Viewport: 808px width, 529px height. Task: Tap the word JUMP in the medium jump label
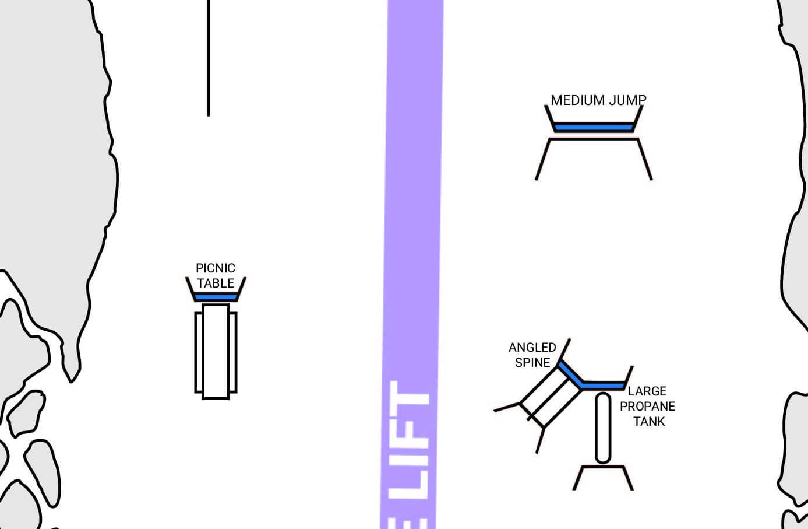coord(627,100)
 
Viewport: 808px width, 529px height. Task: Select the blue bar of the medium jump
coord(594,127)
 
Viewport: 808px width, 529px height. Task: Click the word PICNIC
coord(216,268)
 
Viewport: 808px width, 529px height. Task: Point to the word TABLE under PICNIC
coord(216,283)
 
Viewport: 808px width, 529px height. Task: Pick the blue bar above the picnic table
coord(216,297)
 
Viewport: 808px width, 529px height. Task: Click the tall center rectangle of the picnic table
coord(216,352)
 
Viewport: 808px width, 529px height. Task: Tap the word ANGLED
coord(532,348)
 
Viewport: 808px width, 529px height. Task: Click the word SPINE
coord(532,363)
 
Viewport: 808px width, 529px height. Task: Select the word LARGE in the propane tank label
coord(647,391)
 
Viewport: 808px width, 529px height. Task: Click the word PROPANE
coord(647,407)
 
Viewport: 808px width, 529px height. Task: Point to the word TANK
coord(649,422)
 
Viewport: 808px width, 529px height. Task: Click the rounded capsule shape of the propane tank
coord(603,428)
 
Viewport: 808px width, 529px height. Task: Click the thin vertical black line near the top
coord(209,58)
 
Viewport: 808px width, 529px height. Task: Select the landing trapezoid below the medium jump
coord(594,139)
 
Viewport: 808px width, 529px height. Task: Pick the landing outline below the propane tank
coord(603,467)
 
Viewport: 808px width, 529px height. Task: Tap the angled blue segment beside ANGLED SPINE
coord(570,374)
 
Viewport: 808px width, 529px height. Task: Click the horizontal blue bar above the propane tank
coord(603,386)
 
